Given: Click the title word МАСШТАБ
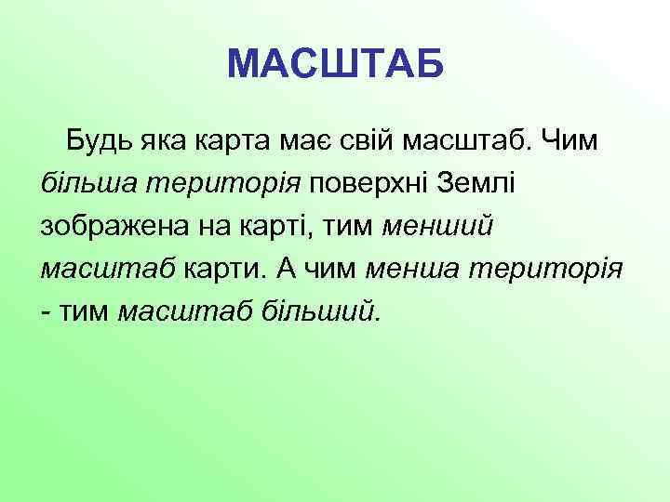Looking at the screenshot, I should tap(335, 64).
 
